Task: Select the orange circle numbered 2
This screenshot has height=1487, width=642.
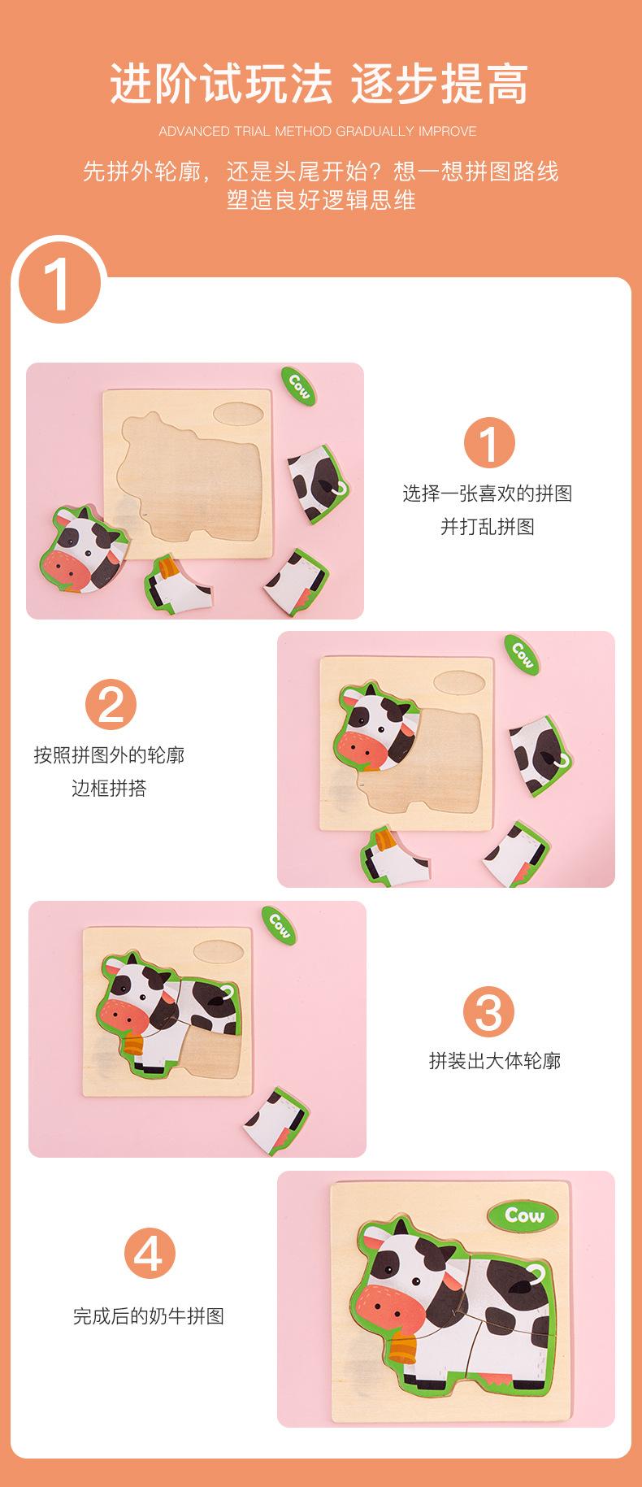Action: coord(111,704)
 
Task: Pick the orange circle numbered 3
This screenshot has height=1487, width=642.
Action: coord(489,1013)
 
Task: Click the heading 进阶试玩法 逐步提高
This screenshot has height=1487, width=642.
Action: coord(320,85)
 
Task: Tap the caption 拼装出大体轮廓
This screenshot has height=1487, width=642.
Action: coord(495,1060)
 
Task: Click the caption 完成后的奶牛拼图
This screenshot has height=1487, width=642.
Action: coord(149,1315)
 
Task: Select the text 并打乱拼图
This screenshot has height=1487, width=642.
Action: coord(488,526)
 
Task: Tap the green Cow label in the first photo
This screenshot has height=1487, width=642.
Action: coord(298,386)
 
